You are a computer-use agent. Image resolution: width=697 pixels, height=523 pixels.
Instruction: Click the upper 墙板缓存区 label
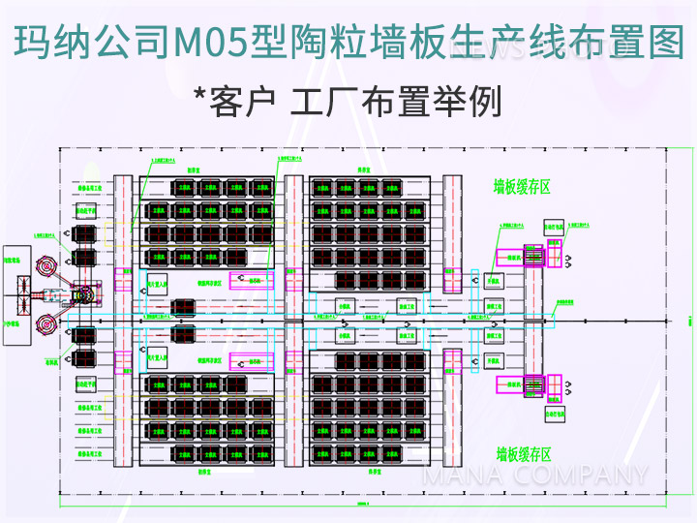pos(522,187)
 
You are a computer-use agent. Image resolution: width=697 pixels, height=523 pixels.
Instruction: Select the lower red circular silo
pos(45,325)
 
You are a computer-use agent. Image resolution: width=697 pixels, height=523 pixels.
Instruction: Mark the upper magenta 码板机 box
pos(257,281)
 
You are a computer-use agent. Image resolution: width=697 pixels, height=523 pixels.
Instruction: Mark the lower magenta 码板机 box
pos(257,360)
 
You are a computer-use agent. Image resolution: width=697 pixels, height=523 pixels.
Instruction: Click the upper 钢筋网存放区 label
pos(210,284)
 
